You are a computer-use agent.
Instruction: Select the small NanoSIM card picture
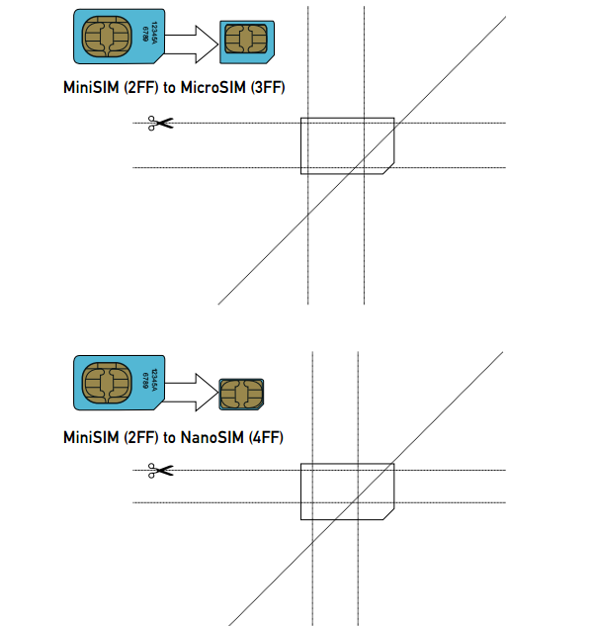[240, 393]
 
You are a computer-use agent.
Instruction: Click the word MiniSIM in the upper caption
[91, 88]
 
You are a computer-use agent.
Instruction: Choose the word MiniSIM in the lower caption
[91, 436]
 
